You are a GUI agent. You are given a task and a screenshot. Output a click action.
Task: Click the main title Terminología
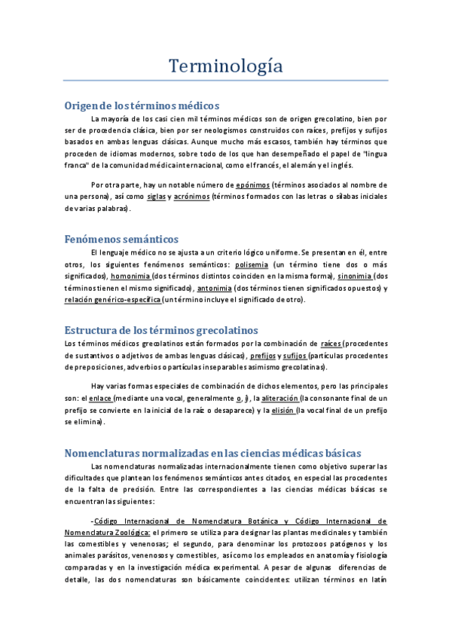click(225, 66)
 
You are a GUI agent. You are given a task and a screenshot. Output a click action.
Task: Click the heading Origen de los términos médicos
click(142, 105)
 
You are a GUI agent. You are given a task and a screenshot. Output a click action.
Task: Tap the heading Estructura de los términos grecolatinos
click(161, 330)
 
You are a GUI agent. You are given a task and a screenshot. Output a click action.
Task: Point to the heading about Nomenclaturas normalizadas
click(213, 452)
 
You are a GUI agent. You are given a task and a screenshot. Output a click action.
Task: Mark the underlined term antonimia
click(214, 288)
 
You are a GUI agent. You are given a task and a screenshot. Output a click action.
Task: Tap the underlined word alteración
click(280, 398)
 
